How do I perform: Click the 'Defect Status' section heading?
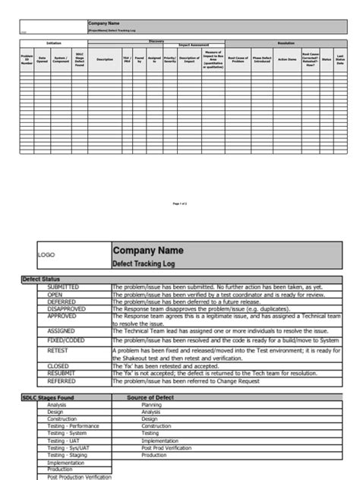(x=40, y=279)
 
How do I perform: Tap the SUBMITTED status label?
(x=67, y=287)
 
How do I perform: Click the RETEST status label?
(x=58, y=351)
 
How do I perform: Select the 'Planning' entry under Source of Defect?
(x=151, y=406)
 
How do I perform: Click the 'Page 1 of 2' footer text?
(x=180, y=204)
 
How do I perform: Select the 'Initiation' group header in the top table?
(x=54, y=43)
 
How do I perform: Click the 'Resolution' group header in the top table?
(x=286, y=43)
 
